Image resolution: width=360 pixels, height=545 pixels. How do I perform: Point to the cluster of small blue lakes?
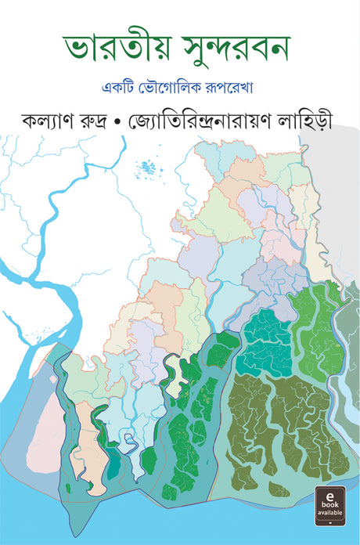146,167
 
